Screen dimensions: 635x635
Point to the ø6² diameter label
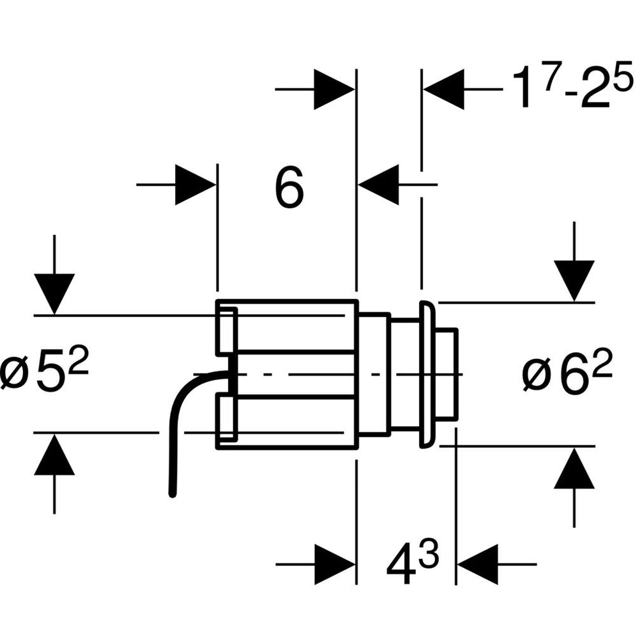[x=567, y=374]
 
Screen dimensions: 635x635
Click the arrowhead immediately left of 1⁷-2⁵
[x=443, y=89]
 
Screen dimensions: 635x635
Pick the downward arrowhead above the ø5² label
[x=54, y=293]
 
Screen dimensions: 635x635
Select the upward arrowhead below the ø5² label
[x=54, y=455]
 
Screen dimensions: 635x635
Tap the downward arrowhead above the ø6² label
[x=574, y=280]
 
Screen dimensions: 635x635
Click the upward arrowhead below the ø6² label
[x=574, y=469]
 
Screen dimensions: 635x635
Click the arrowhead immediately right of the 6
[x=379, y=185]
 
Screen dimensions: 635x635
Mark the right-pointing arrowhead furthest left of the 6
[x=195, y=185]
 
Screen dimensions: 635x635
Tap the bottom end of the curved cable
[x=171, y=493]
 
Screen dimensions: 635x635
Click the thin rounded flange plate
[x=426, y=374]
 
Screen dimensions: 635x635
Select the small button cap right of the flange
[x=447, y=374]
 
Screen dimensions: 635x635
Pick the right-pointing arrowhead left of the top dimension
[x=334, y=89]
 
